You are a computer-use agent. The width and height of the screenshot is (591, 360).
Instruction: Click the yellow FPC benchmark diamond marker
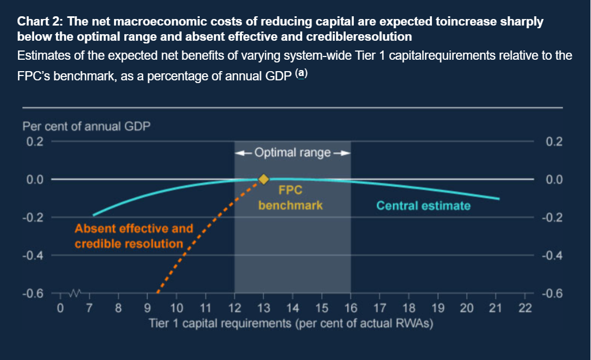click(x=263, y=179)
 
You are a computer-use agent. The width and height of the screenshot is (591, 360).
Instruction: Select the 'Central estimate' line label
click(x=423, y=206)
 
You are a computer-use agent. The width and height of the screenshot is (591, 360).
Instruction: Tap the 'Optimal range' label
click(x=293, y=153)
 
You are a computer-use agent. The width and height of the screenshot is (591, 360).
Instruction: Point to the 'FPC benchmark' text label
click(x=290, y=198)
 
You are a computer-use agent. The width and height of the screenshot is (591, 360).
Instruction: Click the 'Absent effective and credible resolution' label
click(x=134, y=236)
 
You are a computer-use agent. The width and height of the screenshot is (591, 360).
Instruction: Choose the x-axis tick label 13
click(x=263, y=310)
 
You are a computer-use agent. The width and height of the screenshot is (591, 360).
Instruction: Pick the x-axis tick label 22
click(x=525, y=310)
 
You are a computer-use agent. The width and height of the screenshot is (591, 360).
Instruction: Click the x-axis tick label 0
click(x=61, y=310)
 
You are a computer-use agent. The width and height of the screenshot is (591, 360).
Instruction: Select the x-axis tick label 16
click(x=351, y=310)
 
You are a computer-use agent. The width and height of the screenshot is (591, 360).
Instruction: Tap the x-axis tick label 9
click(x=148, y=310)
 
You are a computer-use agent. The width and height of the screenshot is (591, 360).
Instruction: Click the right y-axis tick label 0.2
click(x=555, y=142)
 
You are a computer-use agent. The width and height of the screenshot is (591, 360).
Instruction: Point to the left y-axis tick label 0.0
click(x=35, y=180)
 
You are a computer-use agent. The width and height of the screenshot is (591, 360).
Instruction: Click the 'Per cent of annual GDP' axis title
click(x=87, y=127)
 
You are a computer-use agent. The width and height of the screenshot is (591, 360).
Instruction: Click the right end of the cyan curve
click(x=499, y=199)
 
